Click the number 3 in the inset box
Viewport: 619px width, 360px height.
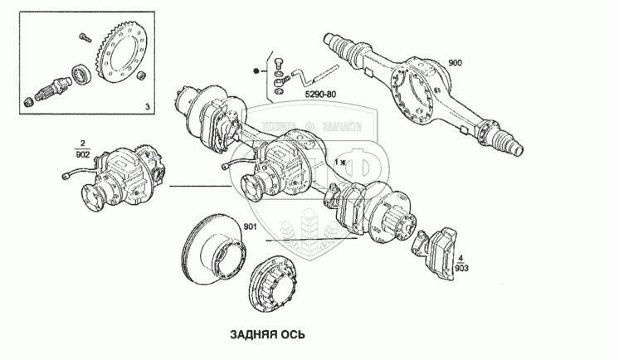(147, 107)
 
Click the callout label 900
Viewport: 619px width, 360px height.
(455, 64)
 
